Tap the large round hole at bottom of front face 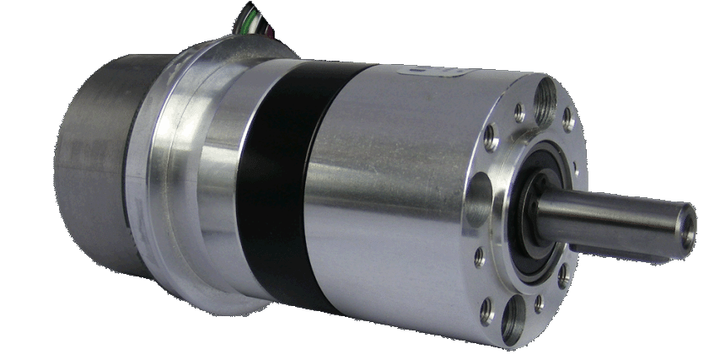pos(513,320)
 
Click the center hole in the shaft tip pos(688,226)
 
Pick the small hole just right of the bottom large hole pos(538,303)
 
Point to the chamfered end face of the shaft pos(685,226)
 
